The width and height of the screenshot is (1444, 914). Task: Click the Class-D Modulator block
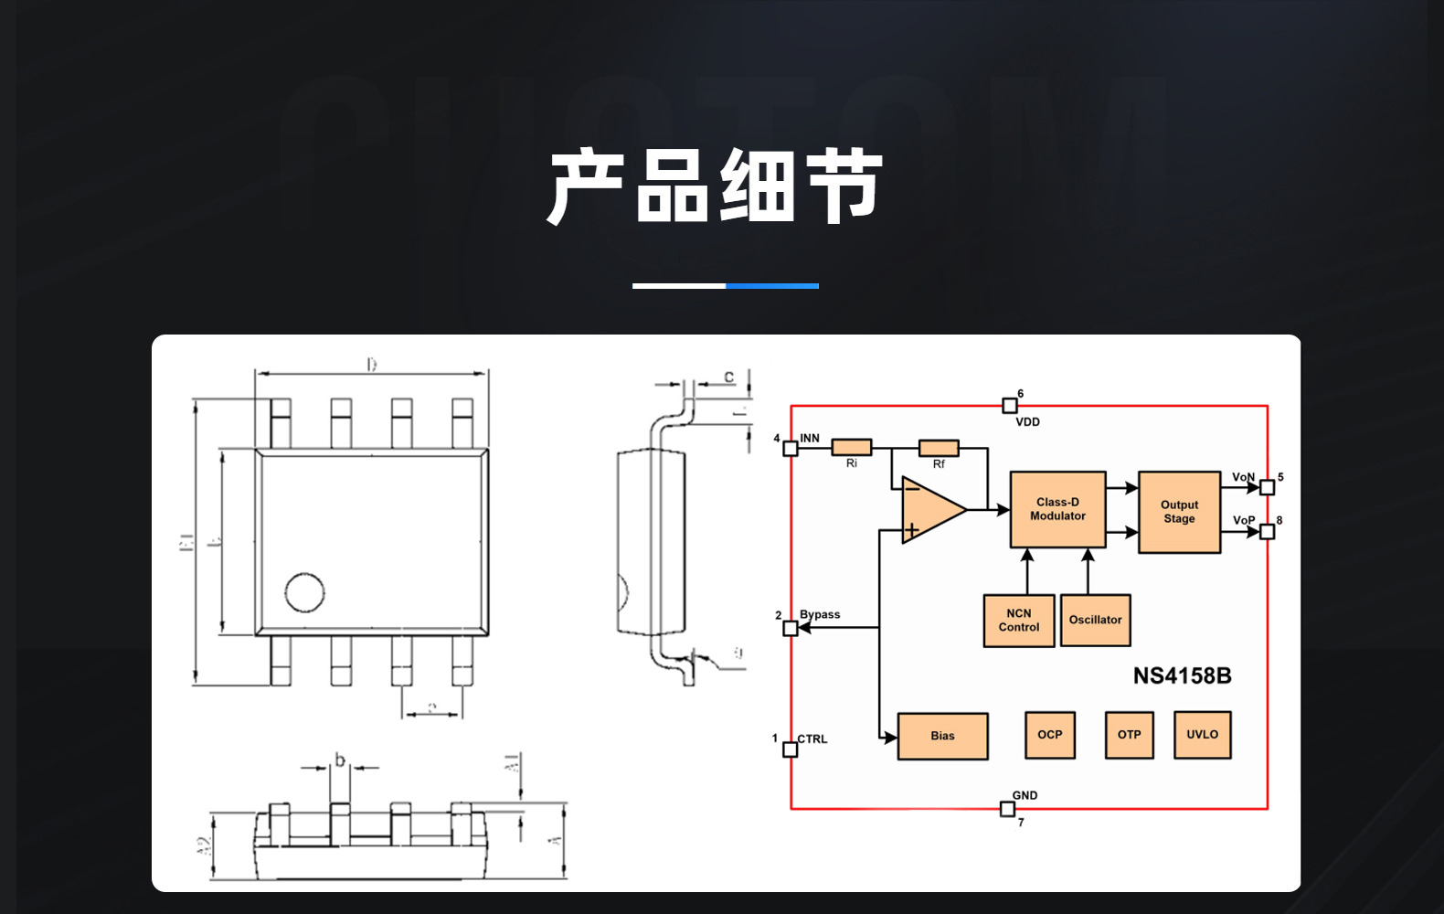[x=1057, y=509]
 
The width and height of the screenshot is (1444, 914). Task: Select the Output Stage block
[x=1179, y=512]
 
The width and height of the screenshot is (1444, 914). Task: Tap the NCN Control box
[x=1019, y=621]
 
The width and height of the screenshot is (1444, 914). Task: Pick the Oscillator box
[x=1095, y=621]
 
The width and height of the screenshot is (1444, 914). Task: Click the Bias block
[x=942, y=736]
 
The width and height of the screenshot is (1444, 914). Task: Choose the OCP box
[x=1050, y=735]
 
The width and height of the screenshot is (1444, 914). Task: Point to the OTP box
[x=1129, y=735]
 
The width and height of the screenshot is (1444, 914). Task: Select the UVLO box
[x=1202, y=735]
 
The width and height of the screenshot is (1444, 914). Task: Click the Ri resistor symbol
[x=851, y=447]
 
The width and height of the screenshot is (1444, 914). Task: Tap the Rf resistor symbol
[x=939, y=448]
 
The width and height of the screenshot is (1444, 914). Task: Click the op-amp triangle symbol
[x=930, y=509]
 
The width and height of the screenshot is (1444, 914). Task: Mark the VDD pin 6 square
[x=1010, y=405]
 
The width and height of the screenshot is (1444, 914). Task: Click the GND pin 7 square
[x=1007, y=809]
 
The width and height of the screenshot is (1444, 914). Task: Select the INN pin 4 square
[x=791, y=448]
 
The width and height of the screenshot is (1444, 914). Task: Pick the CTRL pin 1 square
[x=791, y=749]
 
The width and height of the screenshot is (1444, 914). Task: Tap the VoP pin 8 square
[x=1267, y=531]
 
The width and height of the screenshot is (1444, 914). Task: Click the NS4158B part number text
[x=1182, y=676]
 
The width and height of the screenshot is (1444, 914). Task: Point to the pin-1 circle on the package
[x=304, y=592]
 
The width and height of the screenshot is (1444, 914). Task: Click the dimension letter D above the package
[x=372, y=365]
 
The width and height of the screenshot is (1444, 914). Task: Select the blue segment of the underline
[x=772, y=286]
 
